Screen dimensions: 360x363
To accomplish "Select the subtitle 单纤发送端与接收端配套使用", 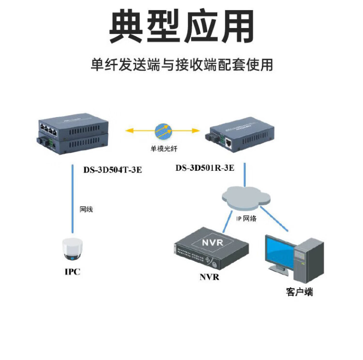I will point(181,65).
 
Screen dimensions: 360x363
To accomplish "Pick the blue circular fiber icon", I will point(163,131).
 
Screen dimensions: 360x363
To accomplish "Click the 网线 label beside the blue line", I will point(86,210).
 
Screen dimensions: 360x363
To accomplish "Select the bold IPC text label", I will point(72,272).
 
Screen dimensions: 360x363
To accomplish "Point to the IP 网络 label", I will point(246,218).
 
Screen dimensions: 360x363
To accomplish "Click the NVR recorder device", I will point(211,250).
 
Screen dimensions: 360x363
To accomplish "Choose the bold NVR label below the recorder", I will point(209,277).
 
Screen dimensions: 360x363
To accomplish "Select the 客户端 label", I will point(300,292).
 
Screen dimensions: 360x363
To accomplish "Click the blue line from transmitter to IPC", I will point(73,203).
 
